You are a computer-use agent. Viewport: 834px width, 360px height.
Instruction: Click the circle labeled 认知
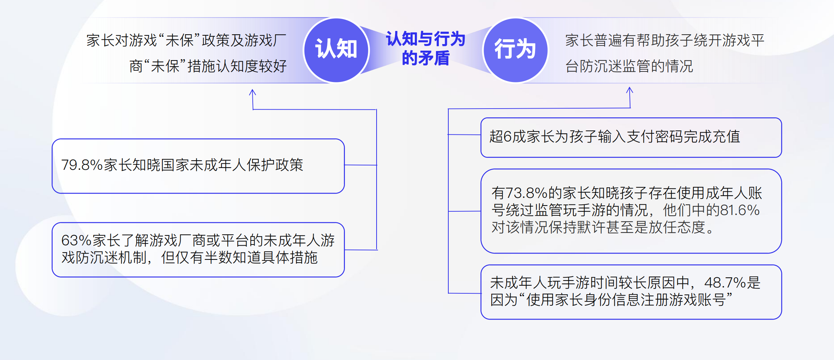pos(336,50)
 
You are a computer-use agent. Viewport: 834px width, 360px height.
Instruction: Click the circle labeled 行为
pos(515,50)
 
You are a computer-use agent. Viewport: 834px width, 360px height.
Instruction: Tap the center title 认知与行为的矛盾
pos(426,48)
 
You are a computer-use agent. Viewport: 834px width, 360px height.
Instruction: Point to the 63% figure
pos(76,240)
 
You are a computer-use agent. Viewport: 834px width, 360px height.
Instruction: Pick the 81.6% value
pos(740,210)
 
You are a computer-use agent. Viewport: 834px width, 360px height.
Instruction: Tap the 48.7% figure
pos(725,283)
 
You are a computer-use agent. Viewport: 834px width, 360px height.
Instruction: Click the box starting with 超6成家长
pos(631,137)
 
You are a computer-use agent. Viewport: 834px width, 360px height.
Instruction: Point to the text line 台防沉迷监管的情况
pos(629,66)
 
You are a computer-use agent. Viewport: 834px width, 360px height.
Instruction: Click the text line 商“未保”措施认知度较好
pos(208,66)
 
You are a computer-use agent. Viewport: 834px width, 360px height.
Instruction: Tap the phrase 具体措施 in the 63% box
pos(289,258)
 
